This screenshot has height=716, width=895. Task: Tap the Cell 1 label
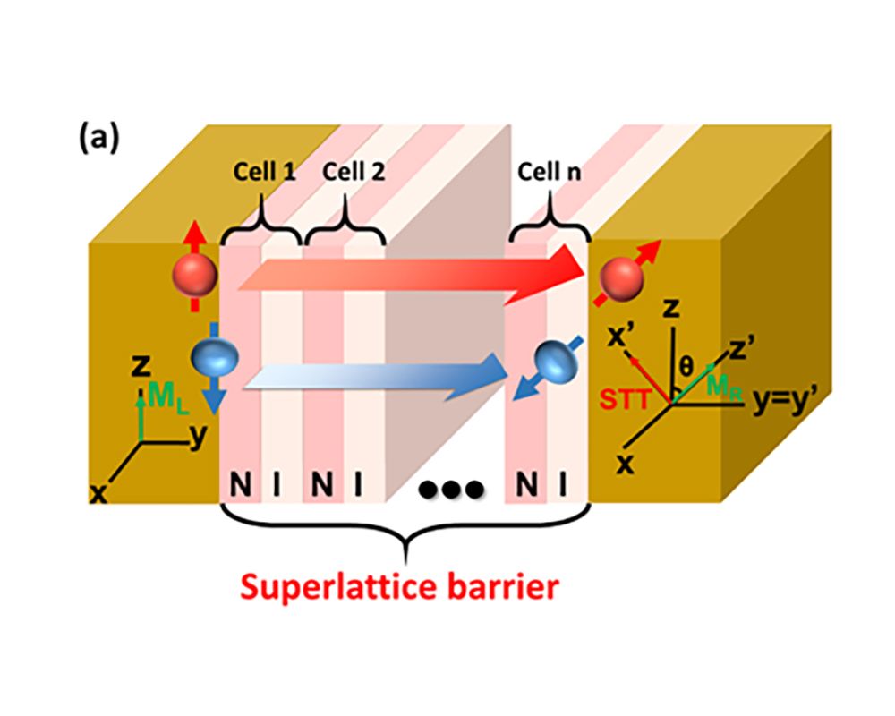(267, 173)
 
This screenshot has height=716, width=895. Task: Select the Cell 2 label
(354, 173)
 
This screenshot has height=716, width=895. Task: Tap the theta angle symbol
(686, 365)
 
